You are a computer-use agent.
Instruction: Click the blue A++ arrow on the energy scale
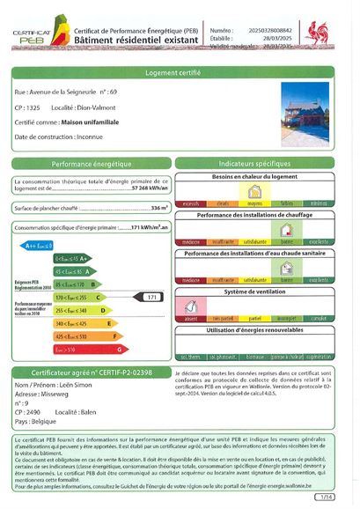pos(40,245)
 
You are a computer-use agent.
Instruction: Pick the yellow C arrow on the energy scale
pos(78,298)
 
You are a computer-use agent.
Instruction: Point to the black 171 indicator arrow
pos(151,298)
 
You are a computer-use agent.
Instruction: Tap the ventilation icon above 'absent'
pos(188,304)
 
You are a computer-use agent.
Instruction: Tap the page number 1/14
pos(327,497)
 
